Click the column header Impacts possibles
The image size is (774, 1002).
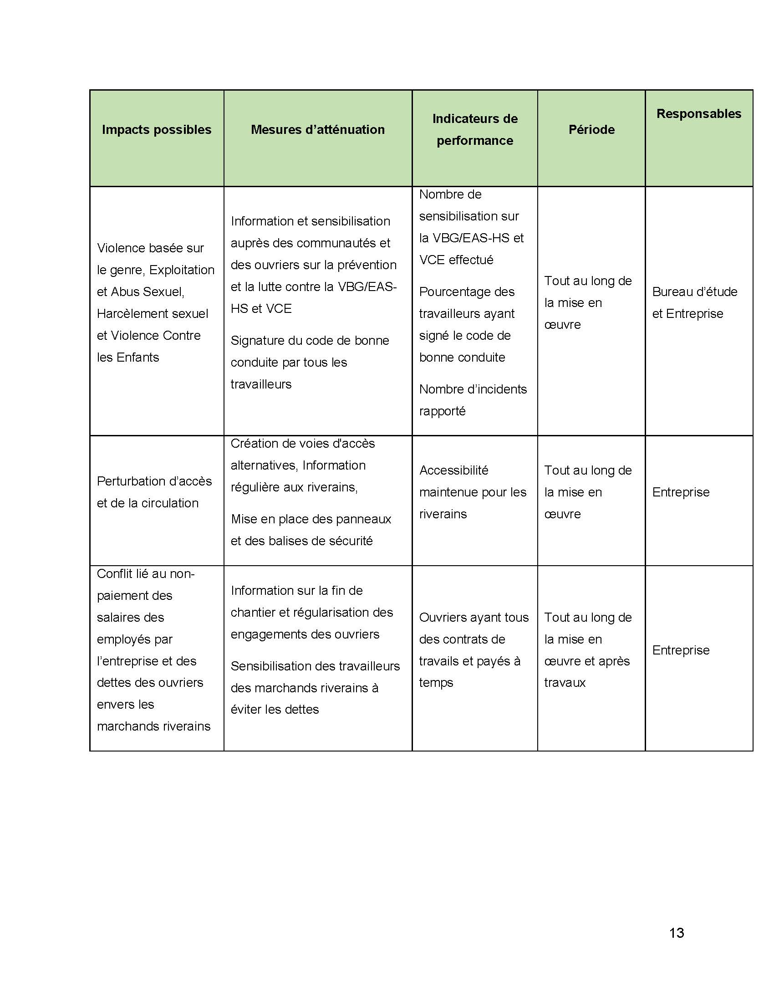coord(156,130)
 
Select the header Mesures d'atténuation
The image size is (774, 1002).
coord(317,130)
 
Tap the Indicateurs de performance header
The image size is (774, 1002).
coord(474,130)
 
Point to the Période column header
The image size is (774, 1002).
coord(591,130)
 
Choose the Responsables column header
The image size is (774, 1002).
coord(698,114)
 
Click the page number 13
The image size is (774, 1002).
coord(676,933)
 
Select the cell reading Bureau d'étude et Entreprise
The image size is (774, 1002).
coord(694,303)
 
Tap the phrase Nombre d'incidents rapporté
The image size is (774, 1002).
coord(472,400)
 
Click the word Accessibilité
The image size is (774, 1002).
coord(453,470)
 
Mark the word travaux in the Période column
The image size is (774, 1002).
coord(565,683)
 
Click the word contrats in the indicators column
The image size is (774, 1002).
coord(462,639)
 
